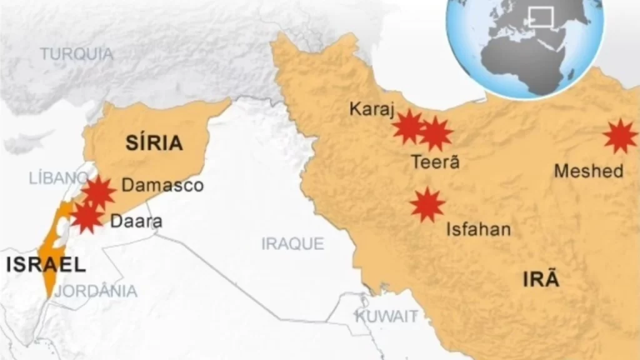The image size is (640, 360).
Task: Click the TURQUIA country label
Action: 77,54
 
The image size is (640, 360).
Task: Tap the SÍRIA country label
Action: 154,143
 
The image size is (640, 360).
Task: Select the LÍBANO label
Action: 57,177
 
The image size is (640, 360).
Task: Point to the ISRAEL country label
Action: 46,265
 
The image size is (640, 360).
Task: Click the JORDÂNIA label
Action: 96,291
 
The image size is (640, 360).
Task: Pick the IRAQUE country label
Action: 292,244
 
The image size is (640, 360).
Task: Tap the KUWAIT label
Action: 386,316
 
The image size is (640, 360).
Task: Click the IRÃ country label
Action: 541,280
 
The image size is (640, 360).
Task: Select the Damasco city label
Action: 162,186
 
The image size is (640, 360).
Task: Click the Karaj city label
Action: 372,110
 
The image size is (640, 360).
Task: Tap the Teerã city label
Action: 436,162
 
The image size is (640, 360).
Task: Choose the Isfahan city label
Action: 478,229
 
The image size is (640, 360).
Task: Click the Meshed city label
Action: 589,171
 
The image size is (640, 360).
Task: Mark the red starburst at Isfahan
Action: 427,204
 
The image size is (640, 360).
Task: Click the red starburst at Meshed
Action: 620,136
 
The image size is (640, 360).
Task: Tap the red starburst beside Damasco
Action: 99,192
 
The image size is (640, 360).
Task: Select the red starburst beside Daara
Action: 87,217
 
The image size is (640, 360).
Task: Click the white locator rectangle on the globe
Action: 541,16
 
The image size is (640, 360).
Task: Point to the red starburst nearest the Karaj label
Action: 409,127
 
